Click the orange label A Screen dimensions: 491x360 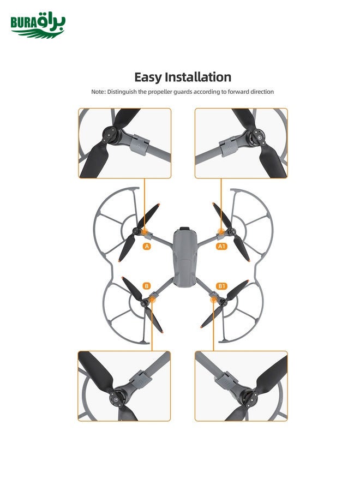tap(147, 247)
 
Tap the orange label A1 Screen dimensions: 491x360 tap(221, 247)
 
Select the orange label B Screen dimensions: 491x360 tap(146, 286)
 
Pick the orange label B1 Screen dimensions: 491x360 tap(221, 286)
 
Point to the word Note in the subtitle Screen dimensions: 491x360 tap(98, 92)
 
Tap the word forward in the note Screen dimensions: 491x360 tap(236, 92)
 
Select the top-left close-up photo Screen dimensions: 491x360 tap(125, 143)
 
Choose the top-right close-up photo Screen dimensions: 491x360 tap(241, 143)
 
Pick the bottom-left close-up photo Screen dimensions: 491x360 tap(125, 386)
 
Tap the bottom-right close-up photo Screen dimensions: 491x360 tap(241, 386)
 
